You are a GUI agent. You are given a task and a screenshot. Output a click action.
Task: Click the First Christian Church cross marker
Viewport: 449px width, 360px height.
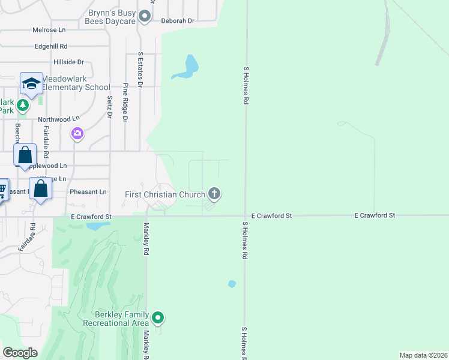tap(214, 194)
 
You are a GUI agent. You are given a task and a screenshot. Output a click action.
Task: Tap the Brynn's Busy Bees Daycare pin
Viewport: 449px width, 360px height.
tap(144, 16)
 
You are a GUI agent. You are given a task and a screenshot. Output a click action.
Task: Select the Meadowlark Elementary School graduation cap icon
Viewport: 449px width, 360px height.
tap(31, 83)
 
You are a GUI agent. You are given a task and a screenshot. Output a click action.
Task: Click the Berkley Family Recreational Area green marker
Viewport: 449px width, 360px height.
tap(158, 317)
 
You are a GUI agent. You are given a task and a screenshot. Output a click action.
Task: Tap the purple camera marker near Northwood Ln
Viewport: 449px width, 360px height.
tap(77, 133)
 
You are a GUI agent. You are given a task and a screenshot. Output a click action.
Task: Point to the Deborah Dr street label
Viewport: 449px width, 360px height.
tap(178, 20)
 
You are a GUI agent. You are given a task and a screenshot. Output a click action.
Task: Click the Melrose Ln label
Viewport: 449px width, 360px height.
tap(49, 29)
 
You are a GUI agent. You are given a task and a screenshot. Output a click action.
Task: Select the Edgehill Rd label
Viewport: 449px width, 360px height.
tap(51, 46)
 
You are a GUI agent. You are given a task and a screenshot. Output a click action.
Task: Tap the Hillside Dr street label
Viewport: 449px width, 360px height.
tap(68, 62)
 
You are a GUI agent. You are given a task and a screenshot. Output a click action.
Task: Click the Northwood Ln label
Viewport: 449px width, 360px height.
tap(59, 119)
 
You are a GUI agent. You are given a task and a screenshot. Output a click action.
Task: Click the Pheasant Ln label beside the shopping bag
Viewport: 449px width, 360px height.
tap(88, 191)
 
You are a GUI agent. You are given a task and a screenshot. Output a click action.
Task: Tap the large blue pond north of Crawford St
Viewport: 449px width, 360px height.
tap(187, 68)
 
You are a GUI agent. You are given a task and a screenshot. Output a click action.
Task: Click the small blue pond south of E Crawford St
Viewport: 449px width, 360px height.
tap(232, 284)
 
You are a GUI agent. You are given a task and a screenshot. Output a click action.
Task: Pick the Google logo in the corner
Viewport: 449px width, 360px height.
tap(21, 352)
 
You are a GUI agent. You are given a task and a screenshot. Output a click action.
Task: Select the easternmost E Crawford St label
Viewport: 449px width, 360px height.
tap(375, 215)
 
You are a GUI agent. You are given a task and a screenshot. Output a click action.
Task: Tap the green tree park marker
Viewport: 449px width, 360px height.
tap(23, 106)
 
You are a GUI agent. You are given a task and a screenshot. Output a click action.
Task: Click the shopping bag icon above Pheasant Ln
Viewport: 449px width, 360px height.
tap(40, 188)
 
